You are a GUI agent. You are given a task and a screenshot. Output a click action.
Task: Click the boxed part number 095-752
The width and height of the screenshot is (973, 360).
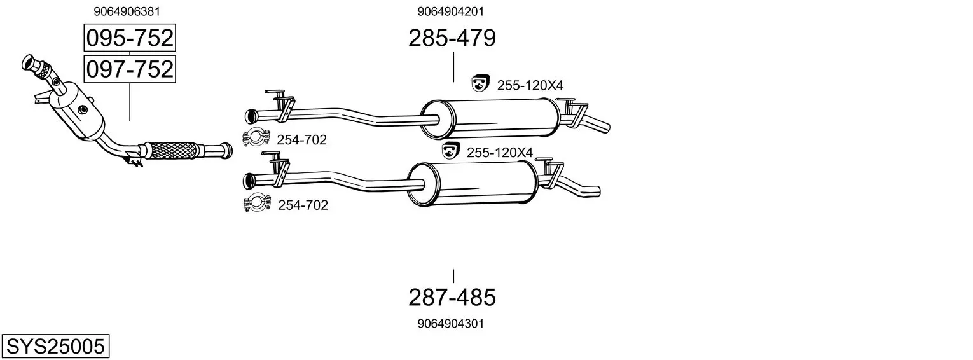[130, 38]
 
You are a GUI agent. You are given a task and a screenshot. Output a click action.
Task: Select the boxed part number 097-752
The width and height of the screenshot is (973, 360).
[130, 69]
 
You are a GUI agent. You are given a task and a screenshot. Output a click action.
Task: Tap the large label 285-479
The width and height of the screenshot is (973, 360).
[452, 38]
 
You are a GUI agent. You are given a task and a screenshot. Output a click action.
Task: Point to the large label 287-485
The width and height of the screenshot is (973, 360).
[452, 298]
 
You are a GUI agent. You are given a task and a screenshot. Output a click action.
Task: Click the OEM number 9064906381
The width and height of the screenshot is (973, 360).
[127, 11]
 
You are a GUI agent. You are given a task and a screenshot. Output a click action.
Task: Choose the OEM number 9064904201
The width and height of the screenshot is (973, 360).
[450, 11]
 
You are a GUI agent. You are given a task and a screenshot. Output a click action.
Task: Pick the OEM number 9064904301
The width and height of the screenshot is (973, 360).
[450, 324]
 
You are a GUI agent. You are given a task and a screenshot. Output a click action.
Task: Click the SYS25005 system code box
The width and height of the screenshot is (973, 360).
[55, 346]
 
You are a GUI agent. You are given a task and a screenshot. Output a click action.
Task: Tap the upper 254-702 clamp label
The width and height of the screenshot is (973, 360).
[301, 140]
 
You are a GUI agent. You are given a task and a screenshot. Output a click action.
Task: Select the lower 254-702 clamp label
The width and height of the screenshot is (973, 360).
[303, 205]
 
